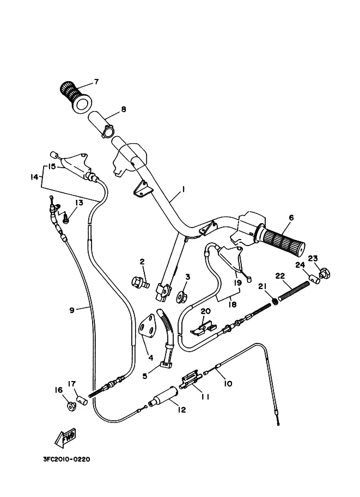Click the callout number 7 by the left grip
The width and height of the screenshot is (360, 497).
click(x=96, y=82)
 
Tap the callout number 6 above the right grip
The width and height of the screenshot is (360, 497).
click(x=291, y=217)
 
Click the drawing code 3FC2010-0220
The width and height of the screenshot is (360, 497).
click(x=66, y=459)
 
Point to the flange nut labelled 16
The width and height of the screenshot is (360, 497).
click(x=71, y=406)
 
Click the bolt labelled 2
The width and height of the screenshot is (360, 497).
click(x=140, y=282)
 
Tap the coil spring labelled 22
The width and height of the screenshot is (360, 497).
click(x=294, y=292)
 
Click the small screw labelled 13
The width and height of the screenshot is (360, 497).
click(x=66, y=218)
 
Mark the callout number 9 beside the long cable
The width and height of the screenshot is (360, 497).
click(x=72, y=310)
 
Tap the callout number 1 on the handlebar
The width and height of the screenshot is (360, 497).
click(x=184, y=189)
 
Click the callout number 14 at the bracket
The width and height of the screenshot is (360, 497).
click(x=34, y=177)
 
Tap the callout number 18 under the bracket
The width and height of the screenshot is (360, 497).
click(x=233, y=305)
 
